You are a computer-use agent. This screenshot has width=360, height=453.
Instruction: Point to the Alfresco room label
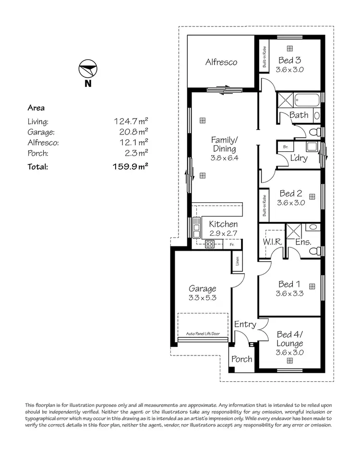(x=221, y=62)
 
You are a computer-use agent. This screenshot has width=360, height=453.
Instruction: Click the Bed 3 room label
(x=290, y=61)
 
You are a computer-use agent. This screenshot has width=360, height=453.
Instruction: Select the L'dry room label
(x=299, y=158)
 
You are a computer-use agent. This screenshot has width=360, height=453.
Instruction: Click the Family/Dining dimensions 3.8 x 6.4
(x=225, y=158)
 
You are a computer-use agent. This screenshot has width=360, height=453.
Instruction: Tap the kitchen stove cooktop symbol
(x=210, y=244)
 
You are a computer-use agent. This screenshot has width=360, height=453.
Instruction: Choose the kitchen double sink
(x=197, y=228)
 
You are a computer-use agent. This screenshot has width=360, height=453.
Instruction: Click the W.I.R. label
(x=272, y=243)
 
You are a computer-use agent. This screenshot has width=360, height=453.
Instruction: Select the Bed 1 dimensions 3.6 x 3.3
(x=289, y=294)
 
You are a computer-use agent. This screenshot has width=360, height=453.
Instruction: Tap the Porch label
(x=242, y=359)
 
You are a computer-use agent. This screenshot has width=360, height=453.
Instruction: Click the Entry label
(x=245, y=325)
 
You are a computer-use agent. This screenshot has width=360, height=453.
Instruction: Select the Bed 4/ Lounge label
(x=289, y=339)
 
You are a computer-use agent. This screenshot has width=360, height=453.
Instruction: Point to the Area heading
(x=36, y=108)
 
